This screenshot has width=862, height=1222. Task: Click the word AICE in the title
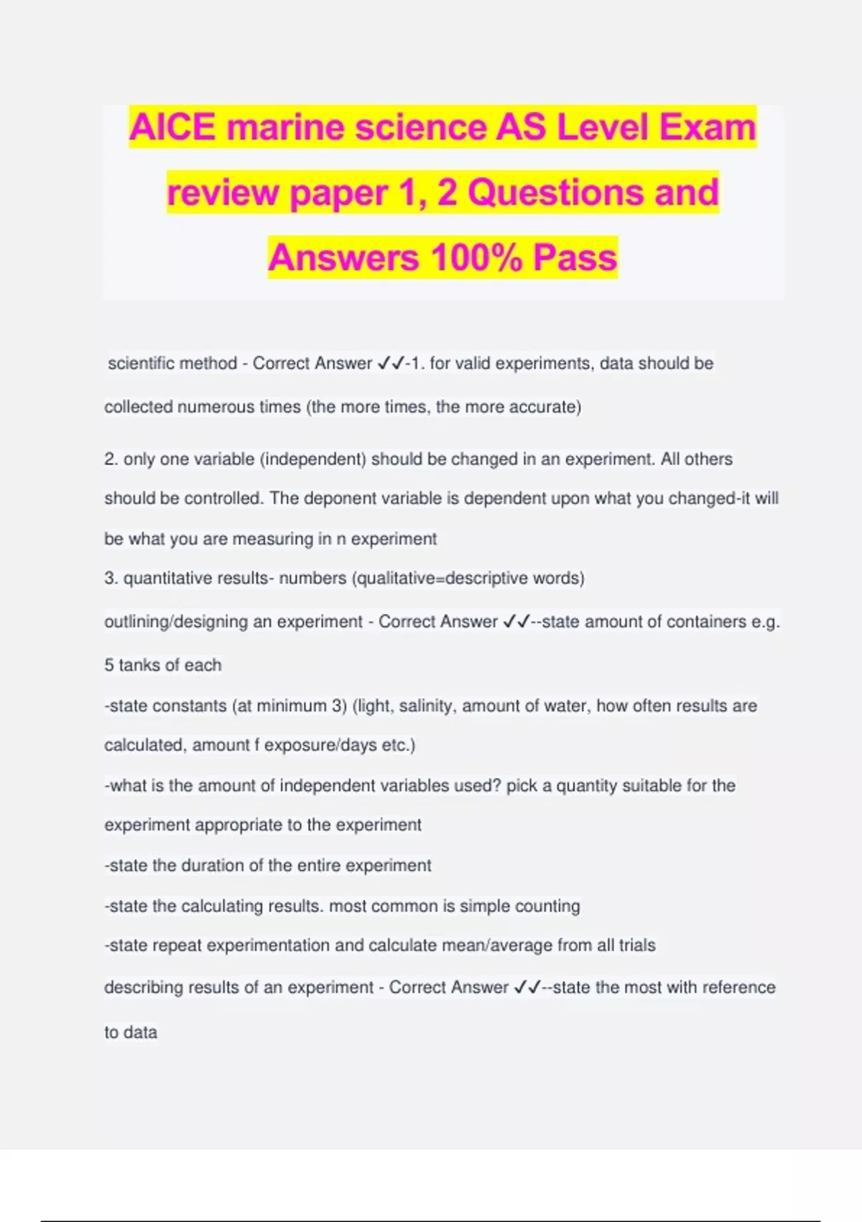pos(172,128)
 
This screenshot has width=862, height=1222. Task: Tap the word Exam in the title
pos(708,128)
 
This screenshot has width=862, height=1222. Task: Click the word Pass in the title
pos(575,257)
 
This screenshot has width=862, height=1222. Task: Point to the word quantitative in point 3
pos(167,579)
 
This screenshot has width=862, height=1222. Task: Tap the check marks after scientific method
pos(391,364)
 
